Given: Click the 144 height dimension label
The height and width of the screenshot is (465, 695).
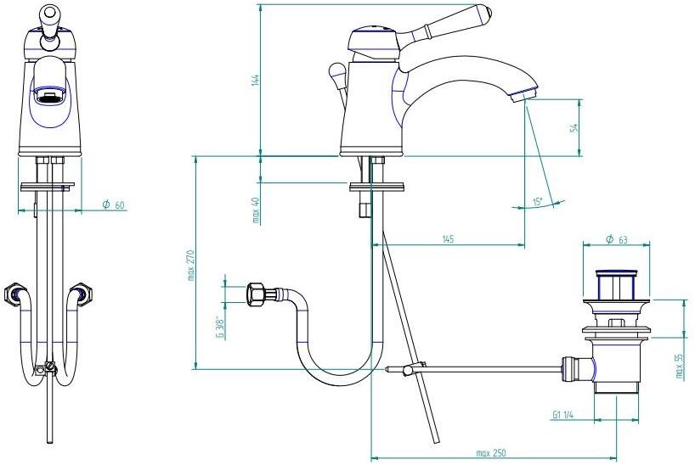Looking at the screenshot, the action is point(256,81).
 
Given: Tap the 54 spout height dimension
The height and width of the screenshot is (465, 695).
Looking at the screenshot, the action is point(575,128).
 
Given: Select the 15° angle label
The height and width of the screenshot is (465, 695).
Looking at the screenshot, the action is point(538,202).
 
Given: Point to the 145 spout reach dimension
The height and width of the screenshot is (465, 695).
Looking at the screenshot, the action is point(448,239).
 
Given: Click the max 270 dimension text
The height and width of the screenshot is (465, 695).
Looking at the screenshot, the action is point(191,265).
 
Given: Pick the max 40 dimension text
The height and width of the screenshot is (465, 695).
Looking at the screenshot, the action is point(256,210).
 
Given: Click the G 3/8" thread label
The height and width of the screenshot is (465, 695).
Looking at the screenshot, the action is point(219,328).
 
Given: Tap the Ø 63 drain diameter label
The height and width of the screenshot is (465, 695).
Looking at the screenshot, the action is point(617,239).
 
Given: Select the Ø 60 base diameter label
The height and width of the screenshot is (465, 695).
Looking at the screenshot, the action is point(114,204).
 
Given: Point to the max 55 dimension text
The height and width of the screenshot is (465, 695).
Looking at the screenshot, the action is point(680,366).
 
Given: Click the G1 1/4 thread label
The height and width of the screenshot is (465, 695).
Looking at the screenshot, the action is point(563,415).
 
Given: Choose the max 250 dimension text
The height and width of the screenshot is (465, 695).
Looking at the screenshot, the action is point(491,453).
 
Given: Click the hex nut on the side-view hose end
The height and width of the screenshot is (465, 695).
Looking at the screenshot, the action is point(256,294).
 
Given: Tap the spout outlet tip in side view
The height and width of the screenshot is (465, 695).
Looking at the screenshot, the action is point(524,93).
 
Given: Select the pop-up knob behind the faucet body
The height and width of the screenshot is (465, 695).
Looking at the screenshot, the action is point(336,72).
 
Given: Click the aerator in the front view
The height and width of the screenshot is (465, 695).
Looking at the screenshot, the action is point(49,94).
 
